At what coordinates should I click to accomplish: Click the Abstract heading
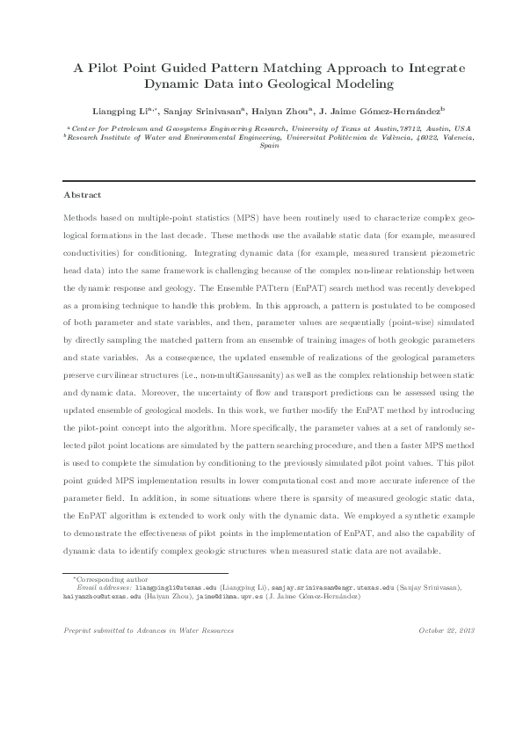pyautogui.click(x=83, y=194)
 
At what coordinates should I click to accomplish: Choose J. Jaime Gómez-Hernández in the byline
pyautogui.click(x=393, y=112)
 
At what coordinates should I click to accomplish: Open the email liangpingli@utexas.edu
pyautogui.click(x=174, y=588)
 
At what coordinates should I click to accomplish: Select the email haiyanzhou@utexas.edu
pyautogui.click(x=96, y=596)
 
